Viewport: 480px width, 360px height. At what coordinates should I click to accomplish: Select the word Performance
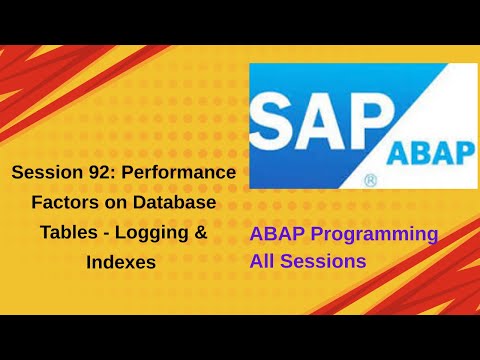pos(177,173)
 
